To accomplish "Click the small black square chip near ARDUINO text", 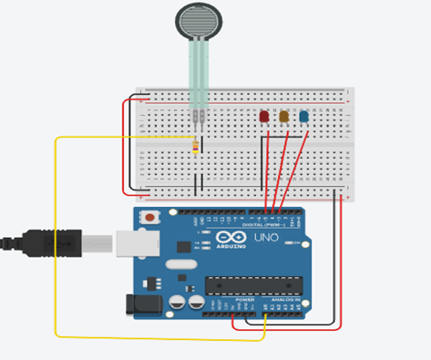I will pos(184,245).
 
